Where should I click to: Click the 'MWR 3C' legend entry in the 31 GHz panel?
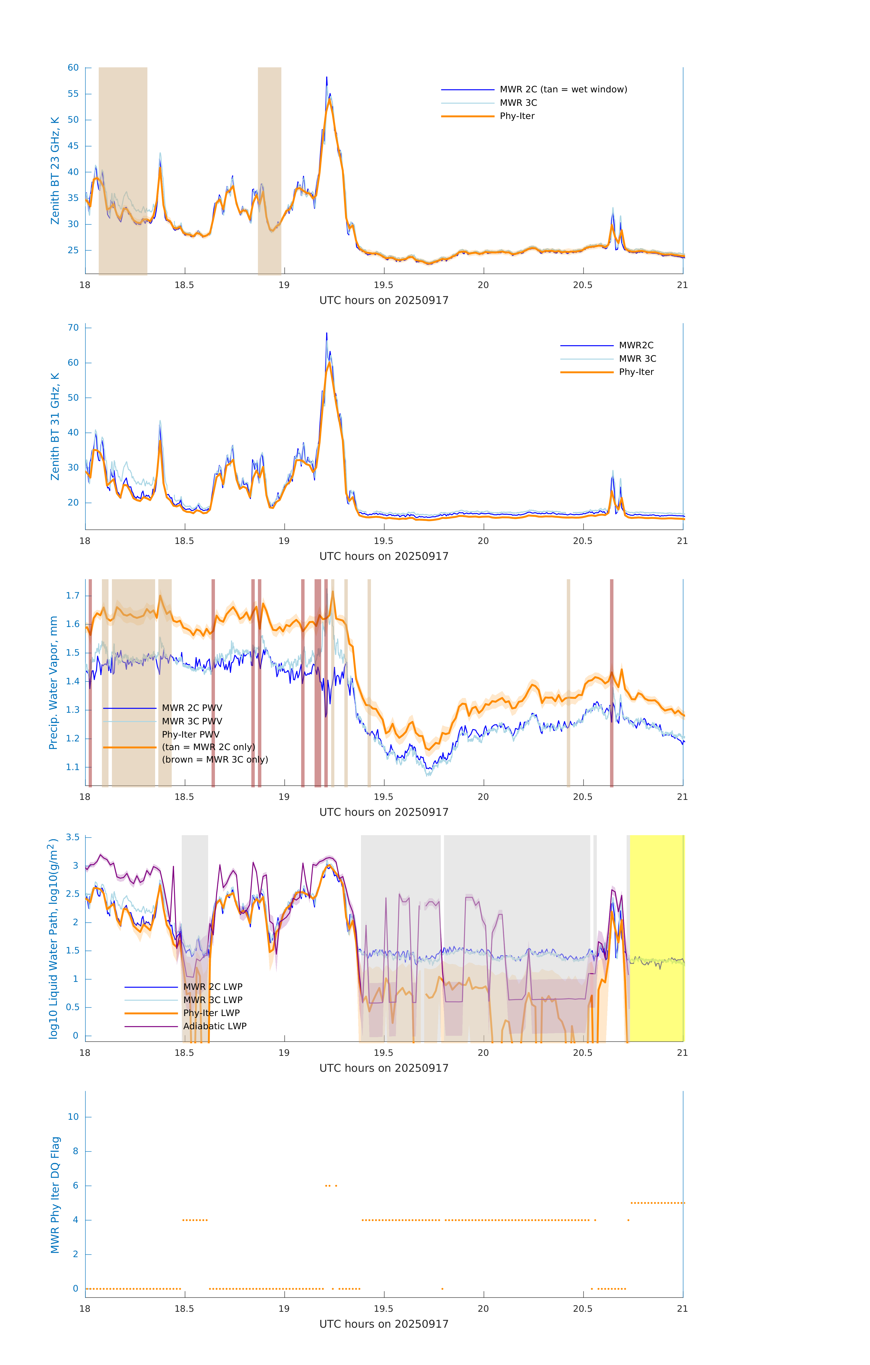pyautogui.click(x=637, y=359)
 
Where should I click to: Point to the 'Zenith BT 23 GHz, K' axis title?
pyautogui.click(x=55, y=171)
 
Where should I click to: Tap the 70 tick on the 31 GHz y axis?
pyautogui.click(x=73, y=328)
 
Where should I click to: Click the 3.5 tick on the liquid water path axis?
pyautogui.click(x=73, y=837)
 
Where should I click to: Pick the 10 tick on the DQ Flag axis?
pyautogui.click(x=73, y=1117)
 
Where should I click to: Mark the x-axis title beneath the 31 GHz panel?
pyautogui.click(x=384, y=556)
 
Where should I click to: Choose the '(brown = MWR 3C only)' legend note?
pyautogui.click(x=215, y=760)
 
